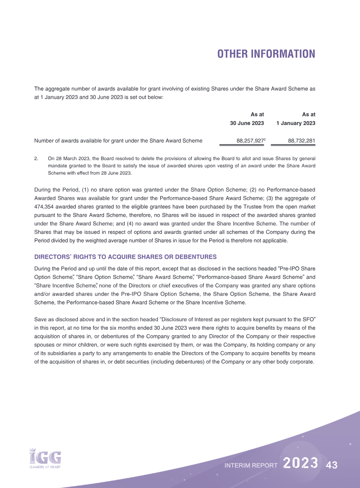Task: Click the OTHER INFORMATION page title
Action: point(266,54)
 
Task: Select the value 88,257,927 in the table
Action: point(250,141)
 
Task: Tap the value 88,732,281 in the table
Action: point(301,141)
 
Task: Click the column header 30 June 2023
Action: point(247,123)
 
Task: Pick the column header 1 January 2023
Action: point(296,123)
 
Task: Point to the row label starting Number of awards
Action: point(118,141)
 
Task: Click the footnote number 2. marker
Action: point(36,158)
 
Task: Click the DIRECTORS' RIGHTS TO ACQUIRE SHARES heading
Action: point(126,257)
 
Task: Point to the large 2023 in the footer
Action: point(301,464)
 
